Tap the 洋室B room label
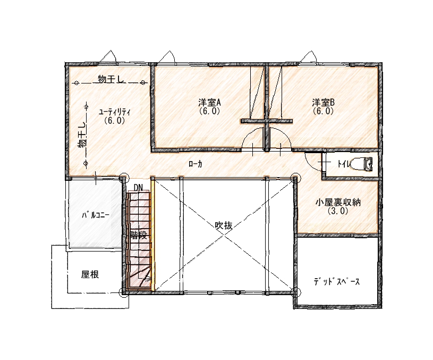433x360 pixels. (324, 103)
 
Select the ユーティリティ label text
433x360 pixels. (115, 112)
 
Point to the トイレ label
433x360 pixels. (344, 164)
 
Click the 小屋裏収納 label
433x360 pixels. (338, 203)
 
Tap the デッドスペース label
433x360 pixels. (337, 282)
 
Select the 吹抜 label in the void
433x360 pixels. (223, 225)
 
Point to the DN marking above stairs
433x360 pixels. (138, 188)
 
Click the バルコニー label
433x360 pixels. (96, 215)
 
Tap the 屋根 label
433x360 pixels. (90, 274)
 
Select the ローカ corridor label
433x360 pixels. (196, 164)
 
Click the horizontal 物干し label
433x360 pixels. (110, 79)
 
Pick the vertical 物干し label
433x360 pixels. (82, 136)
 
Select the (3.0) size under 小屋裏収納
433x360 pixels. (338, 211)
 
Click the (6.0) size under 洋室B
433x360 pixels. (324, 111)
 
